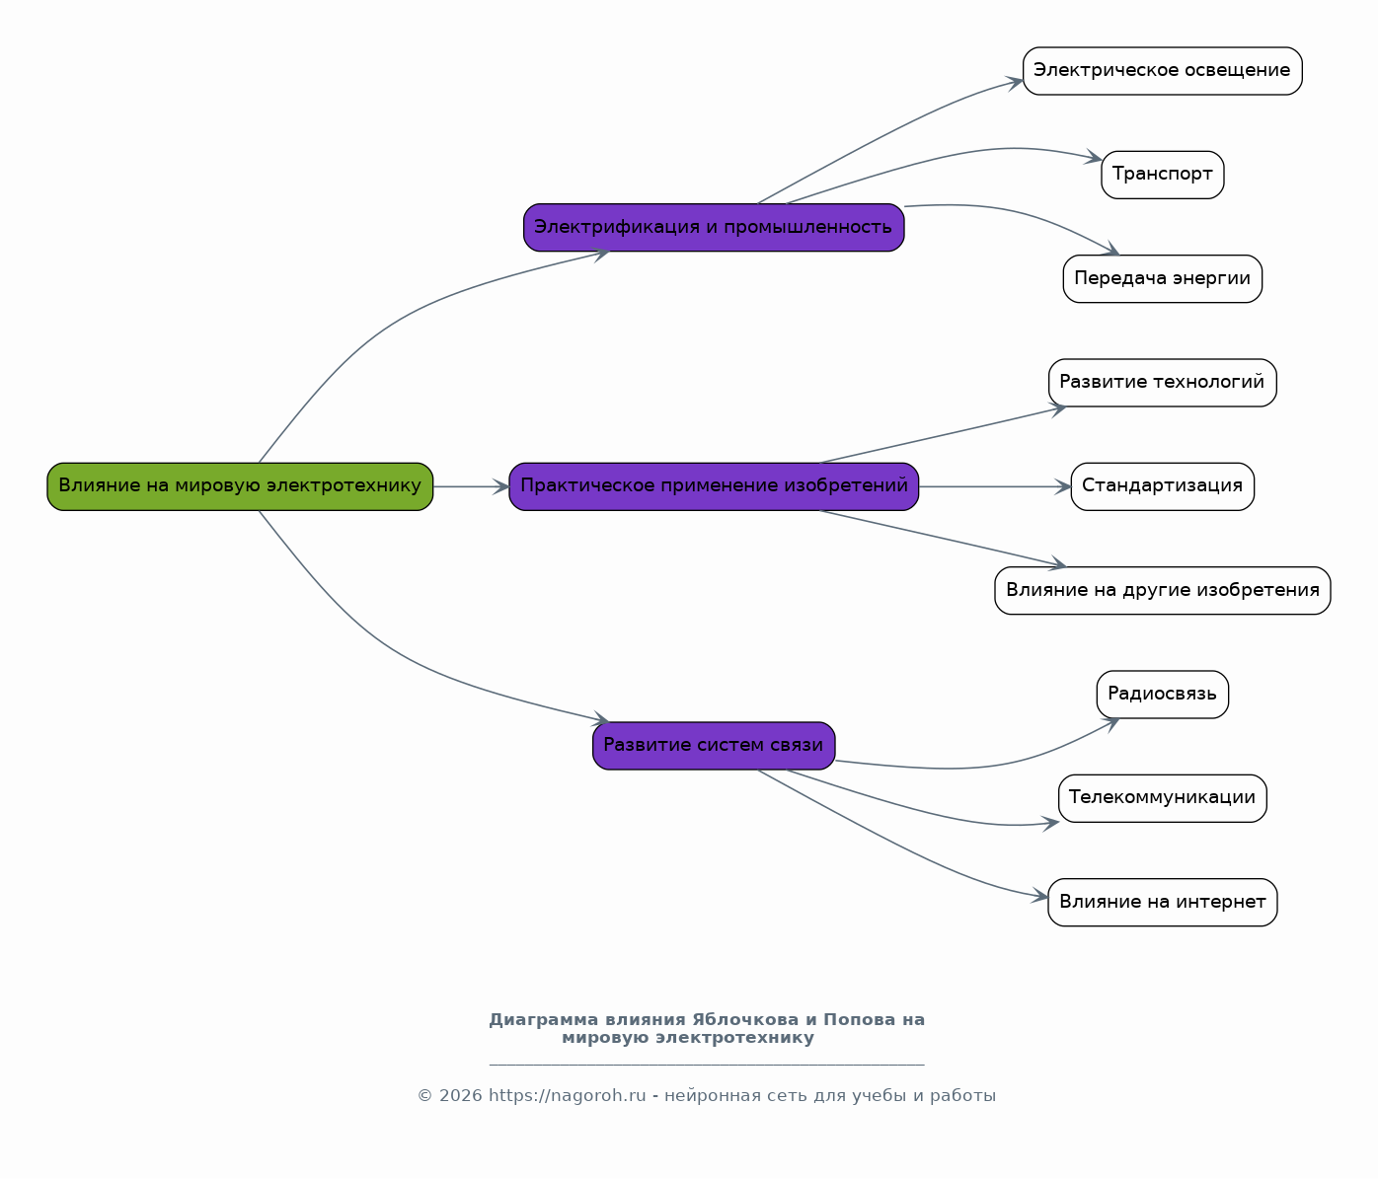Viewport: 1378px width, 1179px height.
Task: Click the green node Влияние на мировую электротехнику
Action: [x=240, y=486]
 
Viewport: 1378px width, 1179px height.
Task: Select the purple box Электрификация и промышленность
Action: [x=714, y=227]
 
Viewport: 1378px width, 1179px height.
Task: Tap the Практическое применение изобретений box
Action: [x=714, y=486]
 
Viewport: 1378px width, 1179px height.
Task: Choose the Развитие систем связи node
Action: [x=714, y=746]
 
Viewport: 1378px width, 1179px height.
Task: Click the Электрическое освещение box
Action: [x=1162, y=71]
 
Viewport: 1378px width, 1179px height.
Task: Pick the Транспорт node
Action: [x=1162, y=175]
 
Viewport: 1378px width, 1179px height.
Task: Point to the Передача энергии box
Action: [x=1162, y=278]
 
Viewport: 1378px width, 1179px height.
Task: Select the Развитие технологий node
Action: [x=1162, y=383]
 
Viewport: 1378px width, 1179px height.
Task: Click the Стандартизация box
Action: [x=1162, y=486]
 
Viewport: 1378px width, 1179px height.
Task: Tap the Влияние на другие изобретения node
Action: [x=1162, y=591]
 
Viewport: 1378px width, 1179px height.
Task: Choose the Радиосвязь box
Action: [x=1162, y=695]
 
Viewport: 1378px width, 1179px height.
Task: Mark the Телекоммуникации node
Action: [x=1162, y=798]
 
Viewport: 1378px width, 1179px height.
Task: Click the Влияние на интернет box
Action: [x=1162, y=903]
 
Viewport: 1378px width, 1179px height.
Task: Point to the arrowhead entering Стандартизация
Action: [x=1063, y=486]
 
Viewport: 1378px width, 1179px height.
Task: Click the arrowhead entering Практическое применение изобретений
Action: [x=500, y=486]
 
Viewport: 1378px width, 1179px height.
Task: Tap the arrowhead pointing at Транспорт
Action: [x=1094, y=157]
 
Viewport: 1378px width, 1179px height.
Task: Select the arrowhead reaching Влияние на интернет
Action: [x=1040, y=897]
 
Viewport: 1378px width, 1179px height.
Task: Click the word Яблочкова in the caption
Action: [x=744, y=1020]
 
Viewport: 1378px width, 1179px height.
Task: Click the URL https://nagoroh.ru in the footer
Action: [x=568, y=1096]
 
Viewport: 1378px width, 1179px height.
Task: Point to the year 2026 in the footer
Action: [x=461, y=1096]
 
